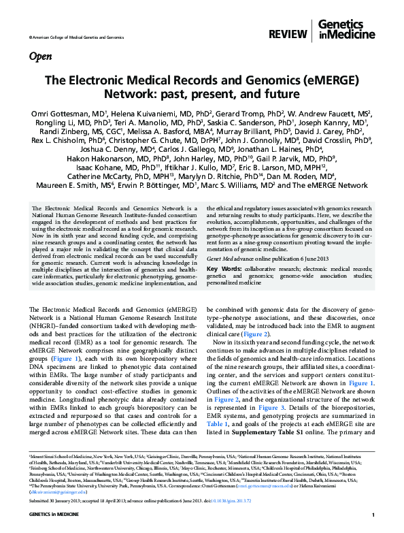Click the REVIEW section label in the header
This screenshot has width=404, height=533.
pos(289,33)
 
